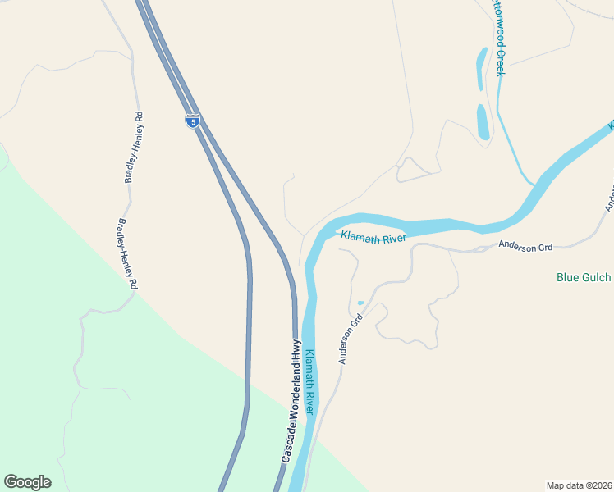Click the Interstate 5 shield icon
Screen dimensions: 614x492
[x=191, y=121]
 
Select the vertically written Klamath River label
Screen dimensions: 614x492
[x=310, y=383]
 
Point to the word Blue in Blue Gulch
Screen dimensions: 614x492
[x=568, y=277]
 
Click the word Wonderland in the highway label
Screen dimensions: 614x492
[x=295, y=395]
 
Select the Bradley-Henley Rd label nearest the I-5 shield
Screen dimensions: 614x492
[x=134, y=147]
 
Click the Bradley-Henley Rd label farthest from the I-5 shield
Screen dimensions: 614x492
[x=126, y=254]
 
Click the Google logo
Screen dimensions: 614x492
[x=27, y=482]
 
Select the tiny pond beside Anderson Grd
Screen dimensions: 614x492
[x=360, y=303]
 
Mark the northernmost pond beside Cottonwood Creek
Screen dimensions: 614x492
[x=481, y=67]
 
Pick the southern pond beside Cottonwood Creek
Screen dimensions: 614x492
[x=483, y=121]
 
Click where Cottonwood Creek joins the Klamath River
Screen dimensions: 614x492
[x=531, y=183]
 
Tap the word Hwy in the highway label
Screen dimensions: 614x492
[x=297, y=351]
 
